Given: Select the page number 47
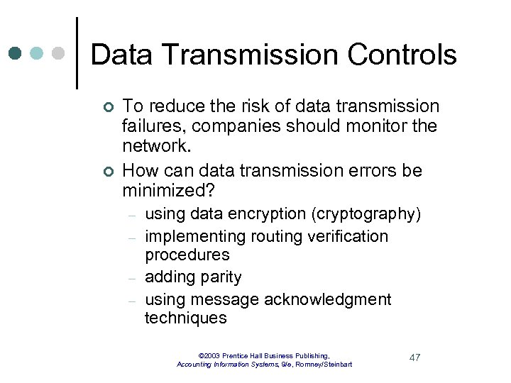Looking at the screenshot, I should point(414,357).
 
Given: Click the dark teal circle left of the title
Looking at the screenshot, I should point(16,53).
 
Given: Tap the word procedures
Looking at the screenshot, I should point(187,255).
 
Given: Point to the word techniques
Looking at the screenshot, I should point(186,318).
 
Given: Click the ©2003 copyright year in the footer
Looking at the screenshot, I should point(210,355).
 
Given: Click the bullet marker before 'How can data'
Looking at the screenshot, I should point(107,171).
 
